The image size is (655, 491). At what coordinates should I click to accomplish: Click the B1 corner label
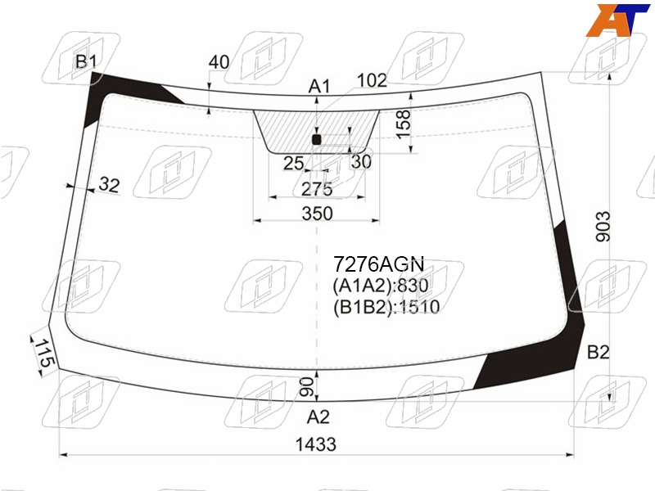pyautogui.click(x=86, y=62)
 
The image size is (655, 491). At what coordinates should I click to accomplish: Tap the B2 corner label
pyautogui.click(x=598, y=353)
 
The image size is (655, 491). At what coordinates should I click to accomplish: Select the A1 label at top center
pyautogui.click(x=319, y=87)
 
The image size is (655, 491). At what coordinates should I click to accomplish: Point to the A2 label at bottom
pyautogui.click(x=318, y=417)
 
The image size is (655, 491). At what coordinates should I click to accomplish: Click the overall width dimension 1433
pyautogui.click(x=316, y=444)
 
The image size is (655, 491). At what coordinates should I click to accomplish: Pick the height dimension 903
pyautogui.click(x=603, y=227)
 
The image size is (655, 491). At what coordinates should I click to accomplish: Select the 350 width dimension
pyautogui.click(x=317, y=214)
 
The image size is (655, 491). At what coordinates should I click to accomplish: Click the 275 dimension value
pyautogui.click(x=317, y=189)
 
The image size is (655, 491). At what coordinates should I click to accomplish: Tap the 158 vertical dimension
pyautogui.click(x=403, y=124)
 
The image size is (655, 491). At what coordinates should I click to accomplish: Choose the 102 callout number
pyautogui.click(x=372, y=80)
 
